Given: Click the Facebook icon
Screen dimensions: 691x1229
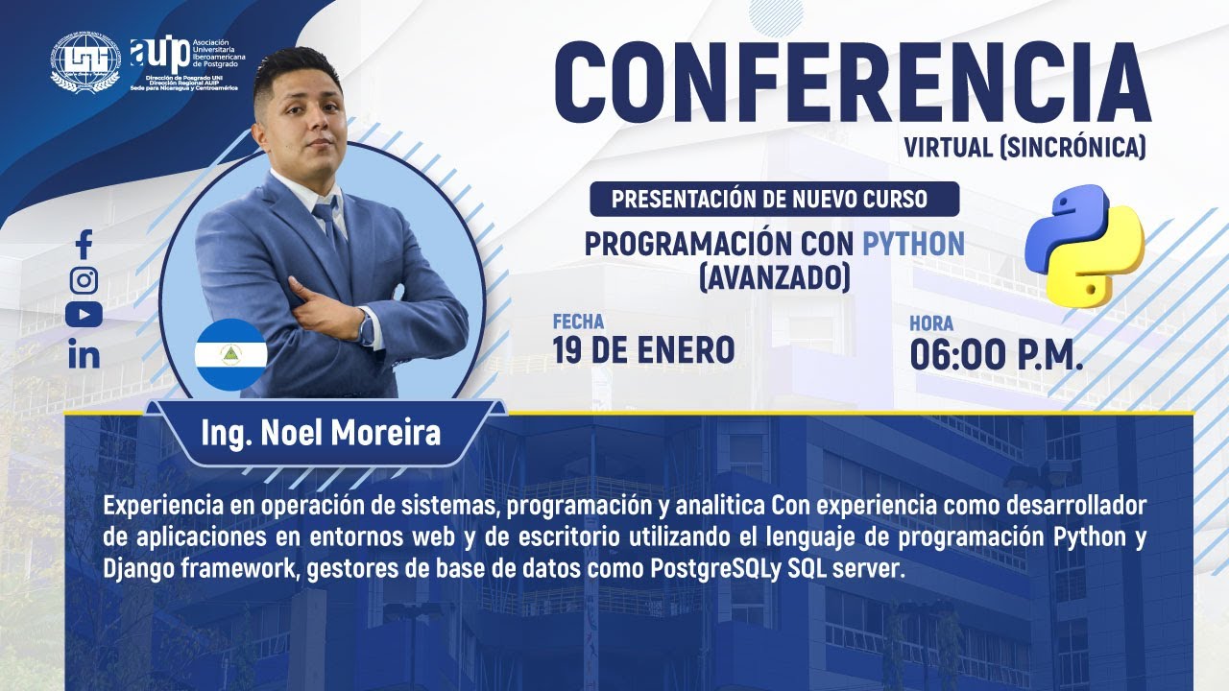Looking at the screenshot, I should pos(84,245).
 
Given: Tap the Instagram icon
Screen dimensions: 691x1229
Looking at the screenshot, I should pos(84,280).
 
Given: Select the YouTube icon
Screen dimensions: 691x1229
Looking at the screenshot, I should pos(84,315).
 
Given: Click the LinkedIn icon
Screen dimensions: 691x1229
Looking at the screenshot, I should pos(84,354).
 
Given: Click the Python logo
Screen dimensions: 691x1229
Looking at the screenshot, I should pos(1084,246).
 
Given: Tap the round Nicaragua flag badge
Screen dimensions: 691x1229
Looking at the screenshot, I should pos(230,354).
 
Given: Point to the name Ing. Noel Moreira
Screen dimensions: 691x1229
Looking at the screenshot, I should pos(321,433).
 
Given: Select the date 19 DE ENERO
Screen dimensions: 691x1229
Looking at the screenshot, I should pos(643,351).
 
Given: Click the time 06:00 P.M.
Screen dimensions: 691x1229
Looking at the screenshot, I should pos(997,354).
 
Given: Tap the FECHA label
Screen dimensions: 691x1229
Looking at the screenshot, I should pos(578,322).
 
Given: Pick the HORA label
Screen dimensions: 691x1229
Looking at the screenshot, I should pos(931,324).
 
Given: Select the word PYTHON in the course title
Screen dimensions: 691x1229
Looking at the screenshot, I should pos(913,244).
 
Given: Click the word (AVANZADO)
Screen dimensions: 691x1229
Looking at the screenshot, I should pos(774,277).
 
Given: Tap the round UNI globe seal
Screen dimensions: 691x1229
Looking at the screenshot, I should pos(87,62).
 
